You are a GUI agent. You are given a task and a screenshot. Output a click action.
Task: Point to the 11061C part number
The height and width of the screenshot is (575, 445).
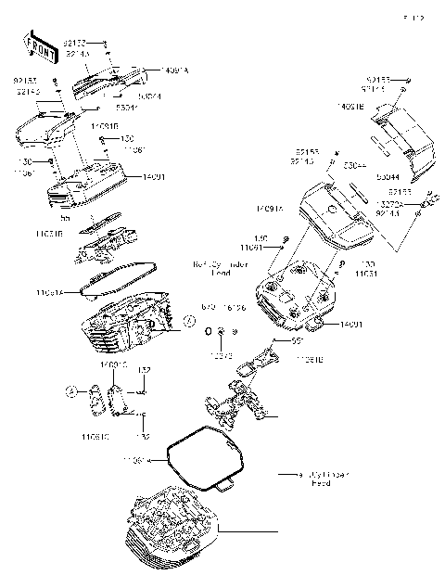[95, 435]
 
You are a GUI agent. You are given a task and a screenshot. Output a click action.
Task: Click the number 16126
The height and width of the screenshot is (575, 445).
[236, 307]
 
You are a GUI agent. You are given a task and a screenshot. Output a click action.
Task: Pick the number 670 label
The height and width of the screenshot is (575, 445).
[210, 307]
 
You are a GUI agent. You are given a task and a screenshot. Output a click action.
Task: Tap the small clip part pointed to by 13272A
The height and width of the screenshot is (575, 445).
[427, 199]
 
